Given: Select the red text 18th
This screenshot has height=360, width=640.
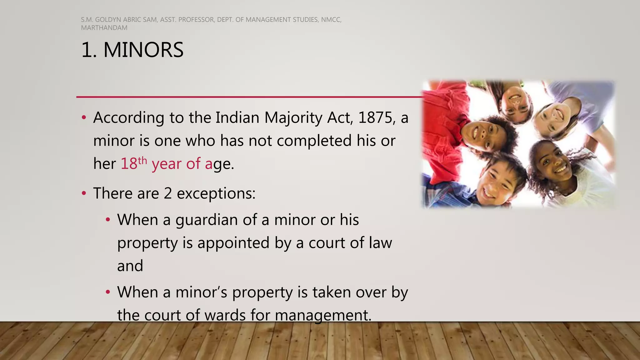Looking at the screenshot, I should pyautogui.click(x=133, y=163).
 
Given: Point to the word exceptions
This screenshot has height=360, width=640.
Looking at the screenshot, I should pyautogui.click(x=216, y=193).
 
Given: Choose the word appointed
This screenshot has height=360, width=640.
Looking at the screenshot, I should pyautogui.click(x=233, y=243).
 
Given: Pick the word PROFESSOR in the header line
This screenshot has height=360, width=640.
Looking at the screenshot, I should pyautogui.click(x=196, y=20).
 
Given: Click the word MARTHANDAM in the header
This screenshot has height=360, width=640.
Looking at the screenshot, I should pyautogui.click(x=104, y=28).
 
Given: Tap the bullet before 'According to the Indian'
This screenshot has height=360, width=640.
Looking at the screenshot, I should pyautogui.click(x=83, y=118).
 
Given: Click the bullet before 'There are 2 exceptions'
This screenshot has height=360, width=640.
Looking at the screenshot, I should pyautogui.click(x=83, y=193).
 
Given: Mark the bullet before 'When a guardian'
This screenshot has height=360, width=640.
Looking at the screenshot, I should pyautogui.click(x=108, y=220).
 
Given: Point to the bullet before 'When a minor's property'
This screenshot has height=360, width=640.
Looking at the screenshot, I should pyautogui.click(x=108, y=292).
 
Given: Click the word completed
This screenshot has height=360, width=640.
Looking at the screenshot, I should pyautogui.click(x=314, y=141).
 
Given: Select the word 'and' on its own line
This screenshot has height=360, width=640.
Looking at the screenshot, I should pyautogui.click(x=130, y=266).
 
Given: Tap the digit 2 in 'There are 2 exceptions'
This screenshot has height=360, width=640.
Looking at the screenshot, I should pyautogui.click(x=168, y=193).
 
